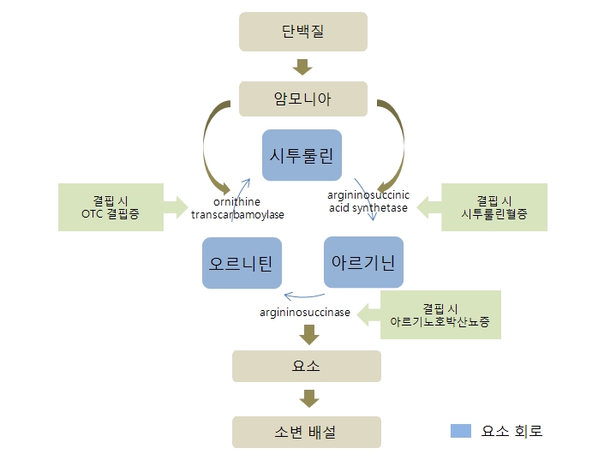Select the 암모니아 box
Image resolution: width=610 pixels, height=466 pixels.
point(302,99)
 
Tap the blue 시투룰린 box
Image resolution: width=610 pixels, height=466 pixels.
point(302,155)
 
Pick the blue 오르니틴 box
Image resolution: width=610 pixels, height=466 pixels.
point(241,263)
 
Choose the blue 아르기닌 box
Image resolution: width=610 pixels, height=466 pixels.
point(362,262)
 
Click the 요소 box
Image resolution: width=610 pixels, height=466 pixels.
point(306,366)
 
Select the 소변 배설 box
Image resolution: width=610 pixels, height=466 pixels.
point(306,432)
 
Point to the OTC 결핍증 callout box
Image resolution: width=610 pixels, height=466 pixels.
point(111,206)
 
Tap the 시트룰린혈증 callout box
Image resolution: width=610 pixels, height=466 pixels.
point(493,206)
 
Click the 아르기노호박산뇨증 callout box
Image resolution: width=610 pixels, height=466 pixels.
point(440,314)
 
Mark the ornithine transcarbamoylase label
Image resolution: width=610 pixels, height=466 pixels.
point(237,208)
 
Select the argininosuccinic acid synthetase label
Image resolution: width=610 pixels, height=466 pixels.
point(368,201)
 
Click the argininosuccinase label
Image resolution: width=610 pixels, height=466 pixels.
point(305,313)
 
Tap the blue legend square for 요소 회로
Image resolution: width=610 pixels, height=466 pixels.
point(461,431)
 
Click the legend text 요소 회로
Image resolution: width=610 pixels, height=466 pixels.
point(511,431)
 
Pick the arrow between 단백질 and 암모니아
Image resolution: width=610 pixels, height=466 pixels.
point(302,66)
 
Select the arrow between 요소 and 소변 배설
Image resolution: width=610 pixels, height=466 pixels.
point(306,398)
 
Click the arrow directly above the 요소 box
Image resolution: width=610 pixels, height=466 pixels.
point(306,334)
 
